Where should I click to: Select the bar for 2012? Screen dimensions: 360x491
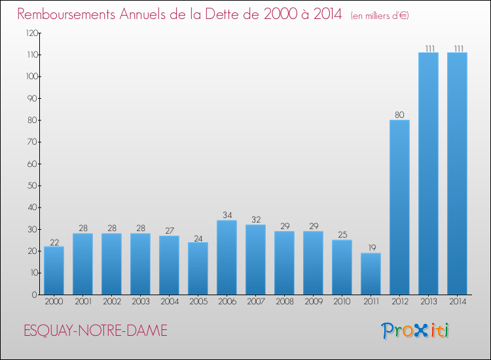(399, 207)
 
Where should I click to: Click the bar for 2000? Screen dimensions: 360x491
(54, 270)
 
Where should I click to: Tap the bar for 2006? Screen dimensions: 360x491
(227, 257)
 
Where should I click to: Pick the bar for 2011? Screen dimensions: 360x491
(371, 274)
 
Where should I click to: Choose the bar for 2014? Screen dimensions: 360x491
(457, 173)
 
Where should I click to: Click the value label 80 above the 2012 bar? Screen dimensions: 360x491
(399, 115)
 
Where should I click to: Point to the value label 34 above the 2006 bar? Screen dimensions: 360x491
(227, 215)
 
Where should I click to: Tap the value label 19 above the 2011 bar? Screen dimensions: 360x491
(371, 248)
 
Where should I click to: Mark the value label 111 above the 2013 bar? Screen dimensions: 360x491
(428, 48)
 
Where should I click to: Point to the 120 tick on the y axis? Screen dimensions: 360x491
(29, 33)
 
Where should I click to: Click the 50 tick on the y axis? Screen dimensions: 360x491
(31, 186)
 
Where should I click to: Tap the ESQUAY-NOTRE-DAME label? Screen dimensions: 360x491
(96, 331)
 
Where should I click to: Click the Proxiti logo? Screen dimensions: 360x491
(416, 331)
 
